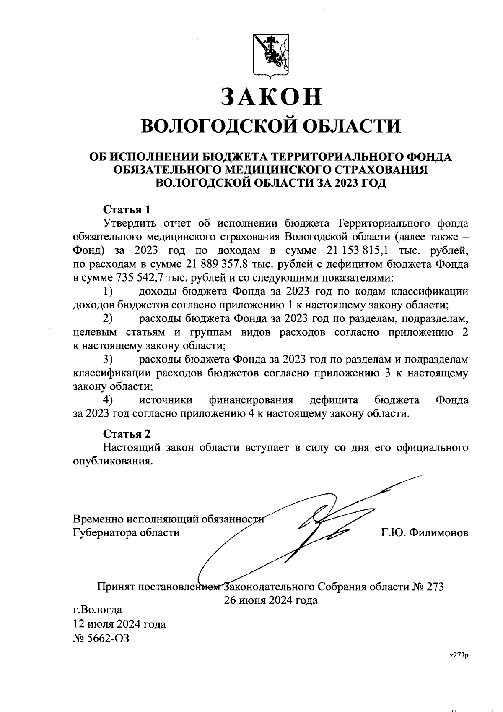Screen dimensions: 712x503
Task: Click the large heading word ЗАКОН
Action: [x=271, y=97]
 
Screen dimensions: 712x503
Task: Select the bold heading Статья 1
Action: [x=126, y=209]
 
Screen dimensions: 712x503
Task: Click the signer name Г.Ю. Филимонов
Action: [x=425, y=533]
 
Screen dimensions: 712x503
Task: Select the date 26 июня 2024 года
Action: [x=271, y=600]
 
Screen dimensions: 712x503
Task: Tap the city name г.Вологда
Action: [x=98, y=609]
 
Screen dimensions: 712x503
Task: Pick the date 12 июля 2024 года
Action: [x=119, y=624]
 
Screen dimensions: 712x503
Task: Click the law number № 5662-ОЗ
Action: [x=101, y=639]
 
